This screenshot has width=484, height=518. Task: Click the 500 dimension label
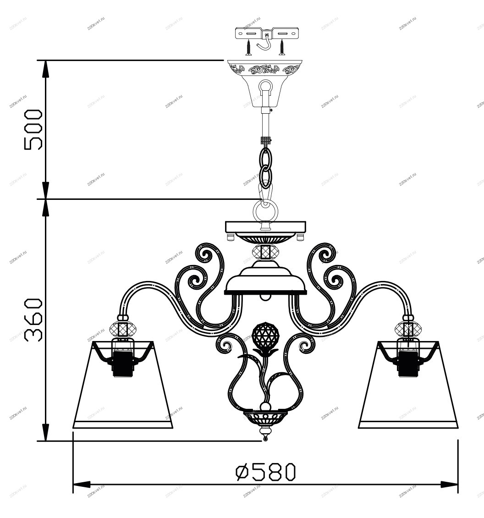tap(33, 129)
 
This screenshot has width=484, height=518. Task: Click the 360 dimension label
tap(33, 320)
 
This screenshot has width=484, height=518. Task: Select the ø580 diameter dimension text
tap(266, 472)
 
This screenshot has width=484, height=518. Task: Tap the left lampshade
tap(122, 385)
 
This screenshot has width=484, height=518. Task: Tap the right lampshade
tap(408, 385)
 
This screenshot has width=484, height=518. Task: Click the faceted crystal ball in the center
tap(266, 334)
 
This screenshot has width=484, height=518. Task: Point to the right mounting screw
tap(282, 47)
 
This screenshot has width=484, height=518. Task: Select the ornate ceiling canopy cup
tap(265, 83)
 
